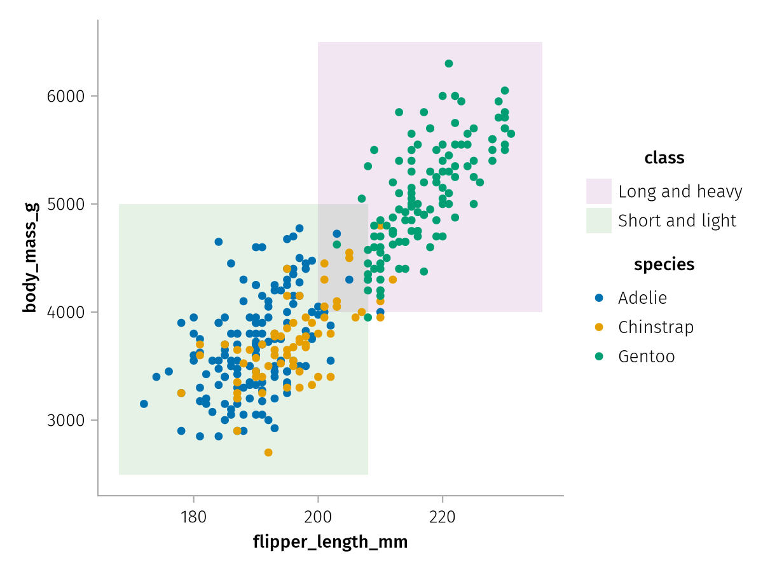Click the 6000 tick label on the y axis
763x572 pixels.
(x=65, y=97)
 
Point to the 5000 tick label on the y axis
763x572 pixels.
(x=65, y=205)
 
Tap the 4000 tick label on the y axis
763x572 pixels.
(x=65, y=312)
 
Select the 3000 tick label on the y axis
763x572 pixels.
(x=65, y=420)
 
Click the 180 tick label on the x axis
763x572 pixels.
(x=193, y=517)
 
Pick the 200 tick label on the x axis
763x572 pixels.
(x=318, y=517)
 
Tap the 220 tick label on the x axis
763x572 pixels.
(x=443, y=517)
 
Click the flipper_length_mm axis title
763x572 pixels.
(x=330, y=542)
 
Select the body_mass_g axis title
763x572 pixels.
(x=29, y=257)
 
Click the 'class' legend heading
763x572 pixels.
(x=664, y=158)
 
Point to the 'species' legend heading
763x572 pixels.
(x=664, y=264)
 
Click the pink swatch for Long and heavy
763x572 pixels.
(x=598, y=191)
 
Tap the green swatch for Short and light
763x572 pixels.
(x=598, y=221)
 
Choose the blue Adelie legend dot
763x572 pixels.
(x=598, y=297)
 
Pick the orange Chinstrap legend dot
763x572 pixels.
(x=598, y=327)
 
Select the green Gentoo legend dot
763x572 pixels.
(x=598, y=357)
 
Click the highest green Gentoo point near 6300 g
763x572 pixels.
(x=449, y=64)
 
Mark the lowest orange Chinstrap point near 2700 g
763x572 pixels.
(x=268, y=453)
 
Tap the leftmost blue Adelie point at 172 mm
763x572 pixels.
(x=144, y=404)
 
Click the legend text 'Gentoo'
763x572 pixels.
(x=646, y=357)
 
